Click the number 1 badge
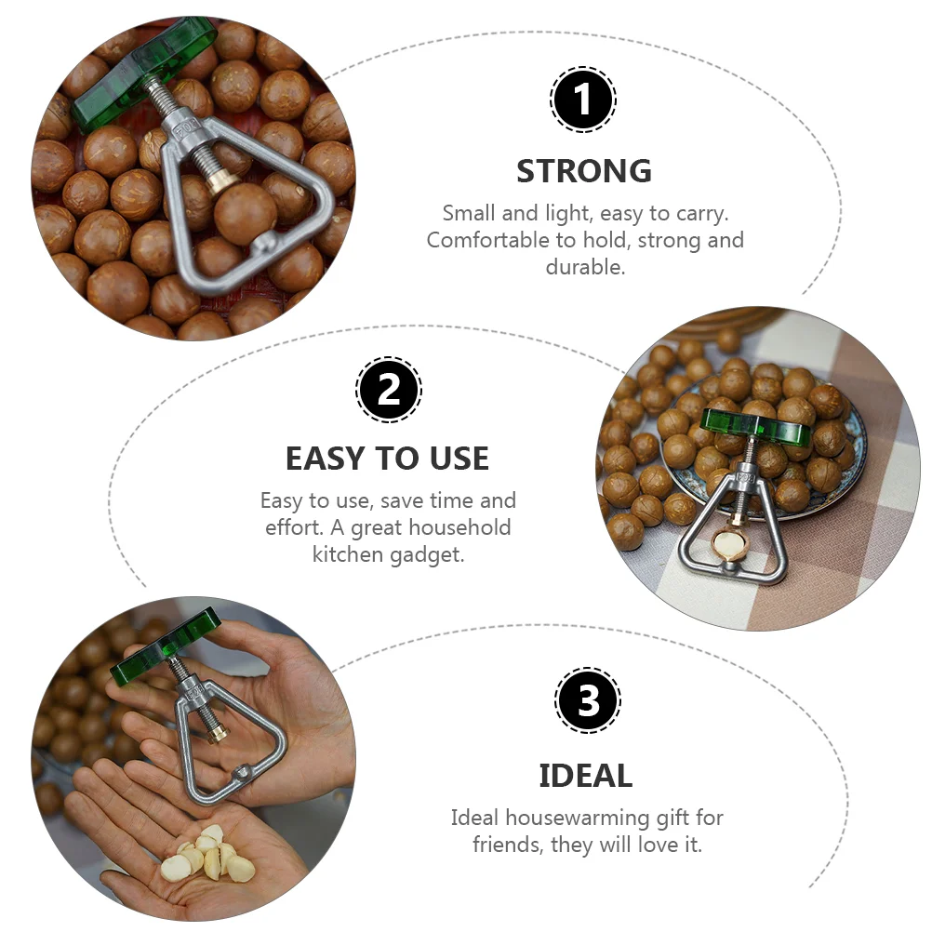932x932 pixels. click(x=582, y=100)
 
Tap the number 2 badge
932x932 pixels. click(x=389, y=390)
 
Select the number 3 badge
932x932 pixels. click(x=588, y=700)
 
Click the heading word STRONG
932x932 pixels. click(x=584, y=171)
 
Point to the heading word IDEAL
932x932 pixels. click(x=585, y=776)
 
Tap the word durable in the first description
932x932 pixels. click(x=585, y=267)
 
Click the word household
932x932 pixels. click(x=459, y=527)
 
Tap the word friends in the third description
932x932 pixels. click(x=508, y=845)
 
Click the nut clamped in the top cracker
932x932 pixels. click(x=245, y=213)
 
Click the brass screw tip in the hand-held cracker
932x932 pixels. click(x=218, y=732)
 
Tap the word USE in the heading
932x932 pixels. click(x=459, y=459)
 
